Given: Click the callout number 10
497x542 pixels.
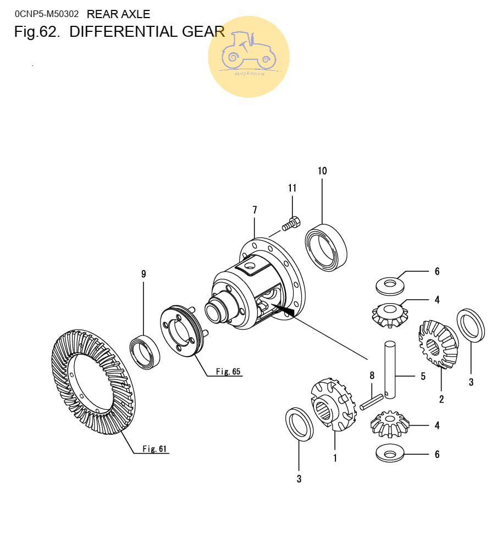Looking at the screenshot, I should pos(322,171).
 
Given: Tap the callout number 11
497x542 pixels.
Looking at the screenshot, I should pos(292,188).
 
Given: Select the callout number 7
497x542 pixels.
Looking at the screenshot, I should pos(255,209).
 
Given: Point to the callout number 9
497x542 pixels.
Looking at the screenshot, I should pos(143,273).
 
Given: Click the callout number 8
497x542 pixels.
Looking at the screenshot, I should pos(372,376).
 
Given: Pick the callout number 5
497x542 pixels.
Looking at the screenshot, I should pos(423,376).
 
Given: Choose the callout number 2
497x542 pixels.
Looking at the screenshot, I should pos(441,399).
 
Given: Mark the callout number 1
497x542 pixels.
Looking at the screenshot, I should pos(335,457).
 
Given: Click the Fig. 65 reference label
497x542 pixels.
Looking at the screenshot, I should pos(228,372).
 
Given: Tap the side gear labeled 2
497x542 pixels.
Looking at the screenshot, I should pos(438,344).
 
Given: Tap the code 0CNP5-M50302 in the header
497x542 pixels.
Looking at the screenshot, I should pos(47,14).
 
